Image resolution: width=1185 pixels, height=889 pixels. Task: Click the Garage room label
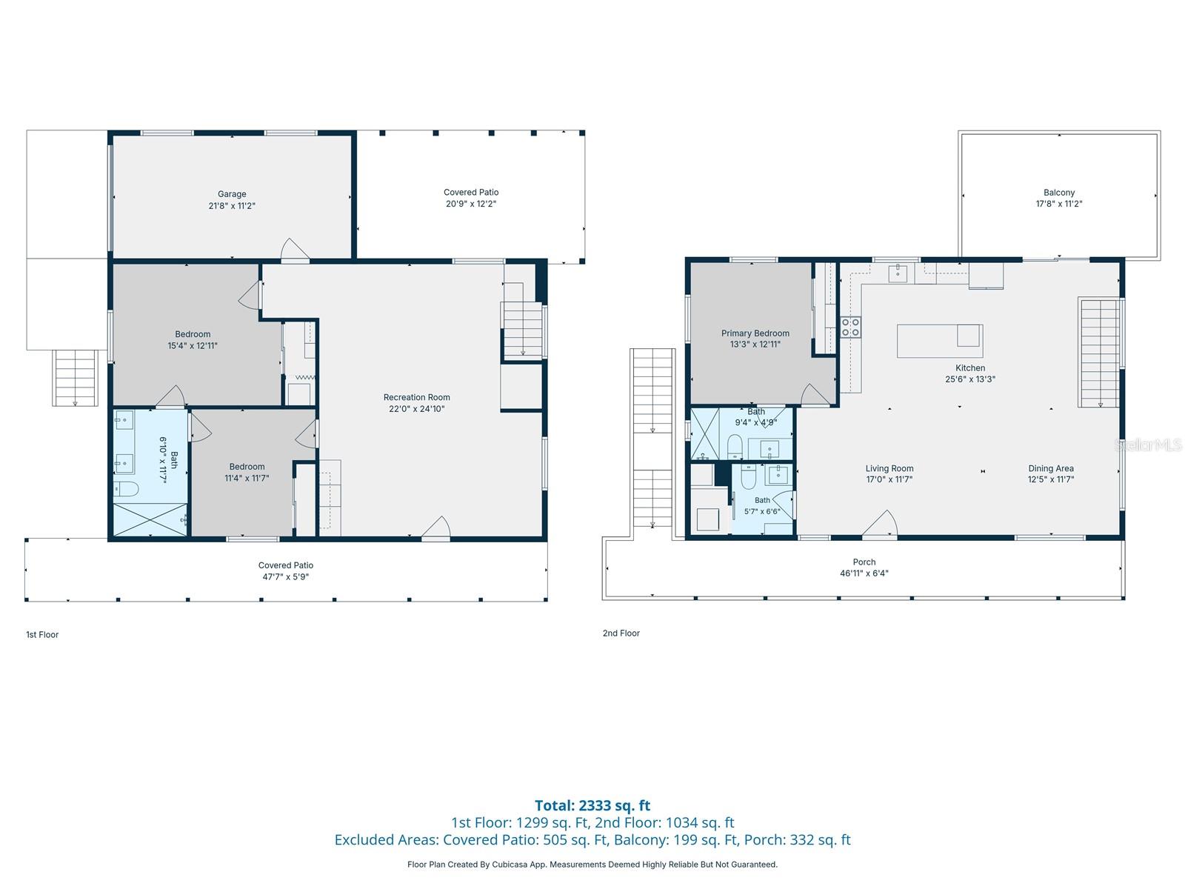[232, 194]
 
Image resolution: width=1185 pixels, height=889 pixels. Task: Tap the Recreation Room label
[416, 397]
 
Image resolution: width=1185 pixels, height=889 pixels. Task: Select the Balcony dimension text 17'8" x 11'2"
[1058, 204]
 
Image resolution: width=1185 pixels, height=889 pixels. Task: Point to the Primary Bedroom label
[755, 333]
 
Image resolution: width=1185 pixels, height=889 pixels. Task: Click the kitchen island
[939, 341]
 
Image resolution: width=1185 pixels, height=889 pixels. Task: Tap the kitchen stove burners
[850, 327]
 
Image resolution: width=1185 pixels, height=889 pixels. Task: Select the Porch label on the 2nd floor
[864, 562]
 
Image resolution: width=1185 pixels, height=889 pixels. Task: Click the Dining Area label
[1050, 468]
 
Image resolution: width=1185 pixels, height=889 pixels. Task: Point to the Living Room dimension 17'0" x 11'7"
[889, 479]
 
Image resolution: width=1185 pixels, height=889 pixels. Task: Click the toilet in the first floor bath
[126, 489]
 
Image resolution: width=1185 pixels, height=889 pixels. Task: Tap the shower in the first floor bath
[150, 519]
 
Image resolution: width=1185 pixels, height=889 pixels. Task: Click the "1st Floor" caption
[42, 635]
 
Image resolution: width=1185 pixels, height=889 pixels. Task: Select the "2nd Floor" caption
[621, 633]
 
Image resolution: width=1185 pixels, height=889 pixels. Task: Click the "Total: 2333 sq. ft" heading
[592, 805]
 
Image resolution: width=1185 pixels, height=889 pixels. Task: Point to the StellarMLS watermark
[1148, 444]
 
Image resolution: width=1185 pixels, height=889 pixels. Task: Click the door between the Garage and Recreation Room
[295, 250]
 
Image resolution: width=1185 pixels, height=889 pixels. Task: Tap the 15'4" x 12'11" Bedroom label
[192, 340]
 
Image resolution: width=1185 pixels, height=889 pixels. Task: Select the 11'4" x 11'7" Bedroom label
[247, 473]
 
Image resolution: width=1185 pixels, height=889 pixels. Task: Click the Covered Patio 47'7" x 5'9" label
[286, 571]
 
